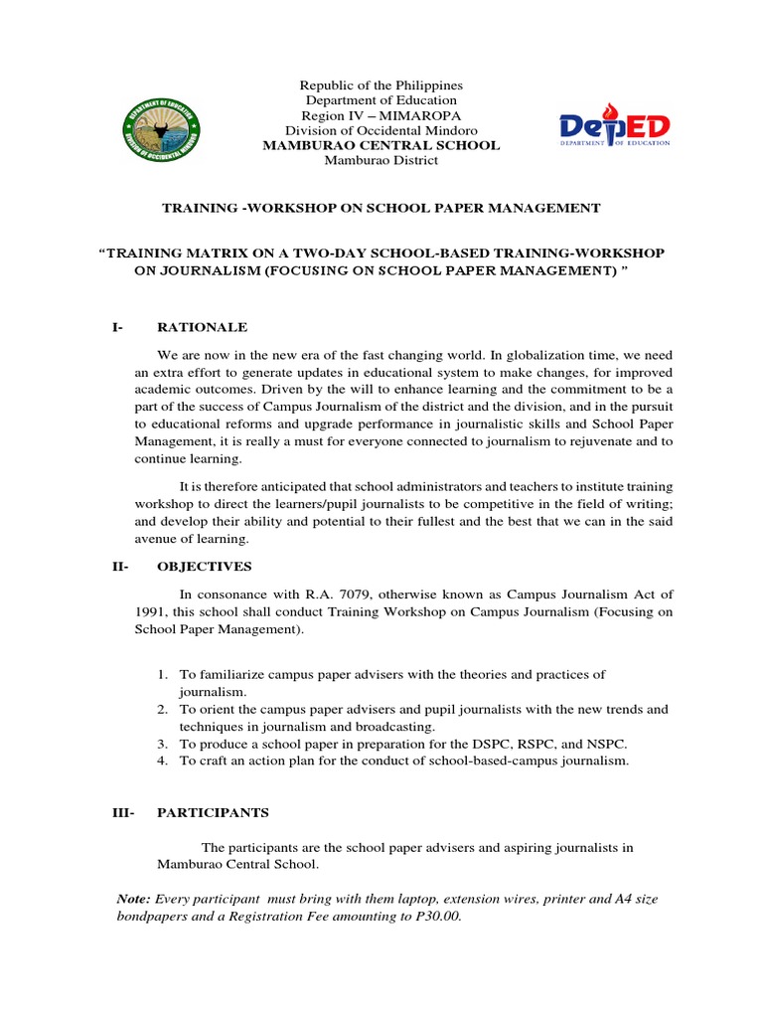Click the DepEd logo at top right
point(614,128)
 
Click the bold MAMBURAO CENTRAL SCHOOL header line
point(381,146)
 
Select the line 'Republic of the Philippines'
point(381,85)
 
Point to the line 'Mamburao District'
point(381,161)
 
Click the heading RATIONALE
point(202,327)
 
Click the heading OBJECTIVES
point(204,567)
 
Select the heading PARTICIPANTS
point(213,812)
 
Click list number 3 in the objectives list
point(163,744)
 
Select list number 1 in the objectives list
point(163,675)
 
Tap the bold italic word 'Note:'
point(134,899)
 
